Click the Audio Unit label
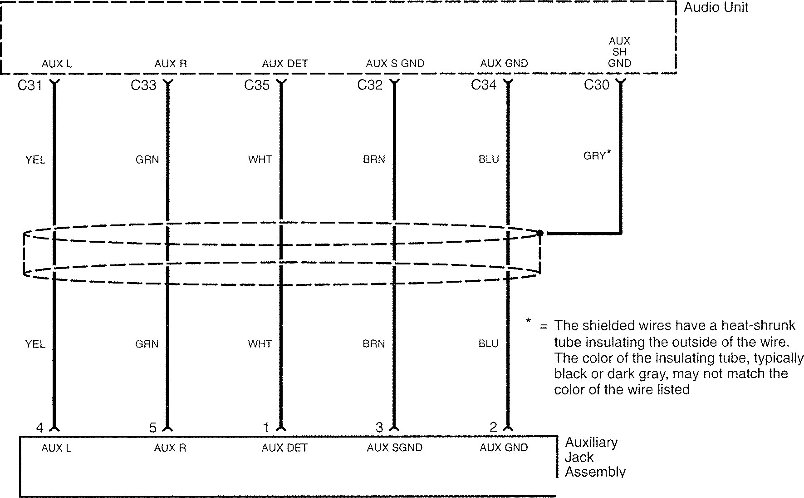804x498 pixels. click(x=716, y=7)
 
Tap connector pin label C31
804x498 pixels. click(x=29, y=85)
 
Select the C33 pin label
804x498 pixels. click(x=143, y=85)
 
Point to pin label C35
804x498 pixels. click(x=257, y=85)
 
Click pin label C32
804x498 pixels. click(x=370, y=85)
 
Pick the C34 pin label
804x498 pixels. click(x=484, y=85)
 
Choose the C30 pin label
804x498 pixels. click(x=597, y=85)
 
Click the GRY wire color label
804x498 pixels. click(x=595, y=156)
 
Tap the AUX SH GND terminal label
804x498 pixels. click(x=619, y=52)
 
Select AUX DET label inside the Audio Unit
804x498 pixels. click(x=285, y=64)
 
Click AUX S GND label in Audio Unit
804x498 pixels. click(x=395, y=64)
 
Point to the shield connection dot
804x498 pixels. click(x=540, y=233)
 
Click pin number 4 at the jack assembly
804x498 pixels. click(x=40, y=428)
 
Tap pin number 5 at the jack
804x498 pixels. click(x=153, y=428)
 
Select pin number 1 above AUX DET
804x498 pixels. click(x=266, y=428)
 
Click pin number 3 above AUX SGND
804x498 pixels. click(x=379, y=428)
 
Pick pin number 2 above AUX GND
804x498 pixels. click(x=493, y=427)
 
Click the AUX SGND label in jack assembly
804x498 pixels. click(x=394, y=448)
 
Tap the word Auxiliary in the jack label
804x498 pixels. click(x=591, y=443)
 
